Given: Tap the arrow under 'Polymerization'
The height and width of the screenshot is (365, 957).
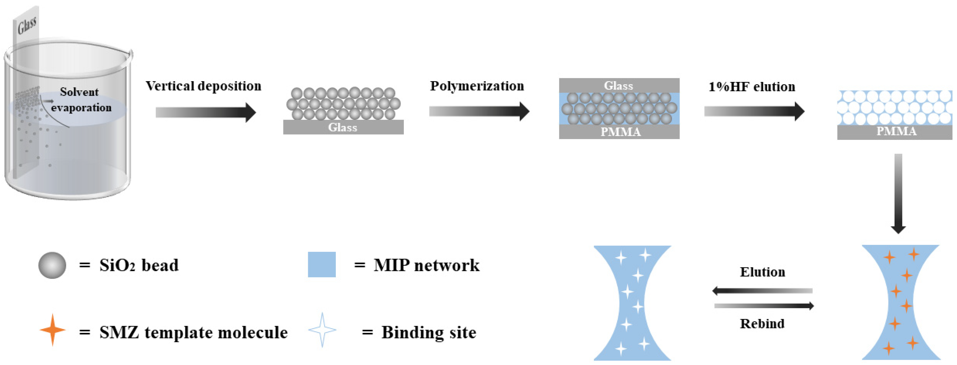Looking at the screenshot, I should coord(479,111).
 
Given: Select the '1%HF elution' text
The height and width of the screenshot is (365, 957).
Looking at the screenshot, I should coord(752,87).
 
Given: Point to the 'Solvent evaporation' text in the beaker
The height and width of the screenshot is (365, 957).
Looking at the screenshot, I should coord(81,100).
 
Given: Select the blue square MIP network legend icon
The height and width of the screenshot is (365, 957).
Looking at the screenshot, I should coord(322,265).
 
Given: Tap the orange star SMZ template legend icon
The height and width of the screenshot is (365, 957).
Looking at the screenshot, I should coord(52,330).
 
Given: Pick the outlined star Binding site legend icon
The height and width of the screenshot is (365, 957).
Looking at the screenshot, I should coord(322,330).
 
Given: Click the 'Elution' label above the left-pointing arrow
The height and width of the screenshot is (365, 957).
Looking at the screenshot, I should coord(762,272).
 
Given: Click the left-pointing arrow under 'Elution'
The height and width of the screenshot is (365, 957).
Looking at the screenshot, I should coord(762,291).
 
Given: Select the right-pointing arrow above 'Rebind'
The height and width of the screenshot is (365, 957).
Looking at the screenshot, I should coord(764,306).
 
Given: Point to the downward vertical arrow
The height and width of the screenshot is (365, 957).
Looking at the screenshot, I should coord(898,193).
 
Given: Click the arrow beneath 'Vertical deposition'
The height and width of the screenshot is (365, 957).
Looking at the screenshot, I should coord(205,112).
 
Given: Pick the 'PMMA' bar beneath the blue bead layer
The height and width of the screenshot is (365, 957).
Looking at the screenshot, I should coord(620,132).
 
